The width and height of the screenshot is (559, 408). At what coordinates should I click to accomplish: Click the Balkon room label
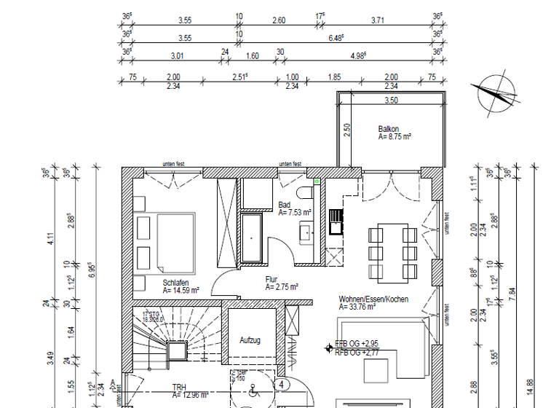coord(388,129)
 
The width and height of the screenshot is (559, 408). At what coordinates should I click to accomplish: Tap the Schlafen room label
coord(177,282)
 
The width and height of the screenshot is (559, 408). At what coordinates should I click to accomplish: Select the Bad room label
coord(284,205)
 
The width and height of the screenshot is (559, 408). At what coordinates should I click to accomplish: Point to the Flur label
coord(271,279)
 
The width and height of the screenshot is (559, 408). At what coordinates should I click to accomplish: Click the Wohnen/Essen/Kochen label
coord(373,299)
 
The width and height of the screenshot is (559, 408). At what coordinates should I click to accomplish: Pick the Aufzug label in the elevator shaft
coord(250,340)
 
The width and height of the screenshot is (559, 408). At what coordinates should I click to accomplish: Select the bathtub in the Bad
coord(252,237)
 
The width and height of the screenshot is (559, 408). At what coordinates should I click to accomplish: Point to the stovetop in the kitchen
coord(336,221)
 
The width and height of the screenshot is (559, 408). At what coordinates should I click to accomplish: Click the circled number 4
coord(281,384)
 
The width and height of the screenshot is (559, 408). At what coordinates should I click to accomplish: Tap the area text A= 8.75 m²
coord(395,136)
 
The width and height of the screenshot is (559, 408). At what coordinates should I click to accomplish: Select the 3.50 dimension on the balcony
coord(391,100)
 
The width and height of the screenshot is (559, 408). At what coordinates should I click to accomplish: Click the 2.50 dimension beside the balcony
coord(348,130)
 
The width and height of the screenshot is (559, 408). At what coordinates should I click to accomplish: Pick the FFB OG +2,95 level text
coord(356,343)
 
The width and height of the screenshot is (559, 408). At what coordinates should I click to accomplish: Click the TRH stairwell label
coord(178,388)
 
